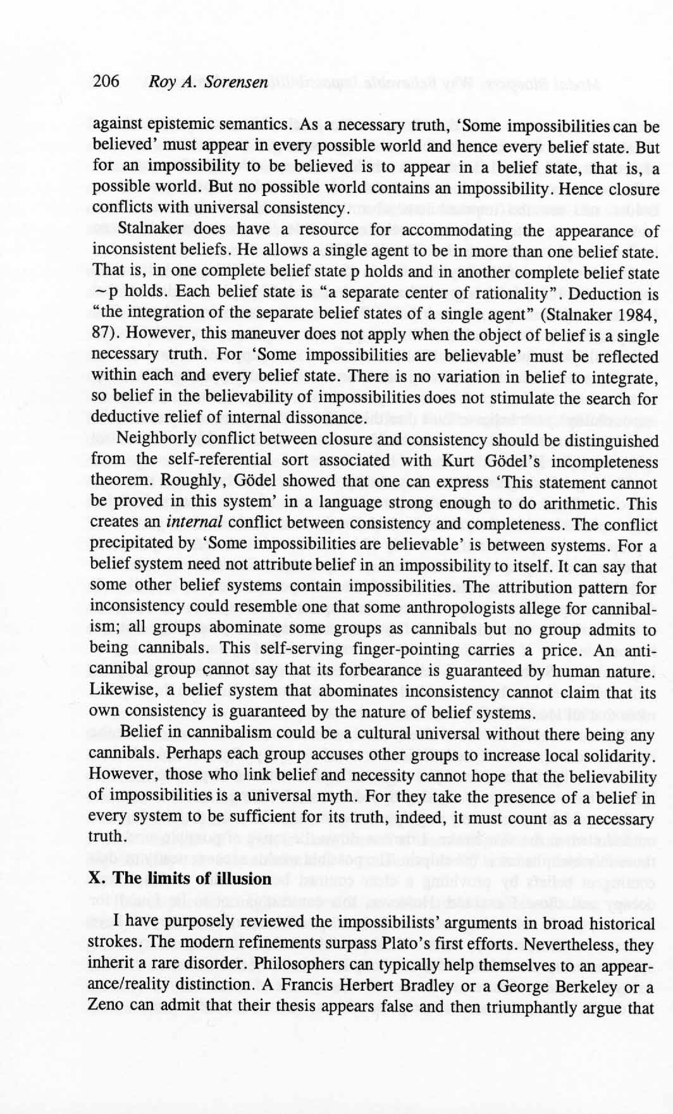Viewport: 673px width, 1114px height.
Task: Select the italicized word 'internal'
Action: (x=194, y=523)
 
